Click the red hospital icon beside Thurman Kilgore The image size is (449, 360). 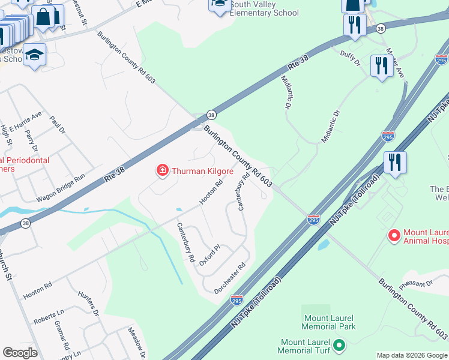[x=162, y=171]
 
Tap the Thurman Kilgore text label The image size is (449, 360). [x=203, y=171]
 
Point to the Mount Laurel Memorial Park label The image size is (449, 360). [x=330, y=322]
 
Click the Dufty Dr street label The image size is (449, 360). [x=349, y=58]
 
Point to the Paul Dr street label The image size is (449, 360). [x=57, y=125]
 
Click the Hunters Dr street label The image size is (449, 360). [x=88, y=303]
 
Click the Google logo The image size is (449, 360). [x=20, y=353]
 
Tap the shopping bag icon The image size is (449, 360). [x=44, y=18]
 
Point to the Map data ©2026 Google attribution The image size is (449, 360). [x=412, y=355]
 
